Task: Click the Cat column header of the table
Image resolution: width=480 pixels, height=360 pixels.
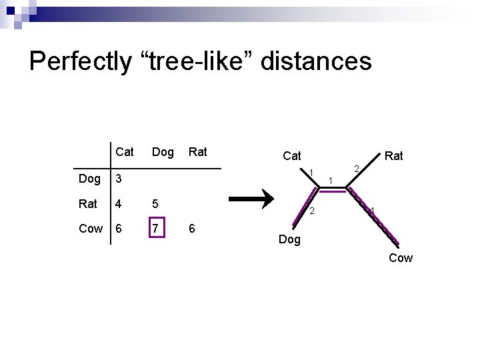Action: click(124, 153)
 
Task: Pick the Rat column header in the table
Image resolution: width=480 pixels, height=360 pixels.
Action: click(197, 153)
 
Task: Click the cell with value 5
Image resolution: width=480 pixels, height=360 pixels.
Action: click(155, 203)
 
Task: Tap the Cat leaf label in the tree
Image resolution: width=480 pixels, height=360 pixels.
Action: click(291, 156)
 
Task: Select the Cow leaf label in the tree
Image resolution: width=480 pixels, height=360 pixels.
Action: click(401, 257)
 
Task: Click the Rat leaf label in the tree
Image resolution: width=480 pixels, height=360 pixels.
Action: click(394, 156)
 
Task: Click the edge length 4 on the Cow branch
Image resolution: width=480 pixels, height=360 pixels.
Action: click(372, 211)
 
